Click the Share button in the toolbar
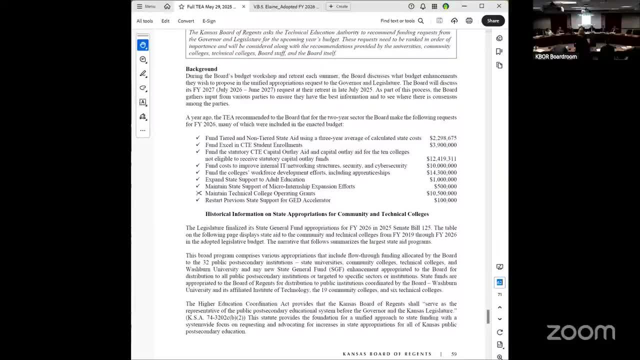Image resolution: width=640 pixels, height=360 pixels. click(x=493, y=20)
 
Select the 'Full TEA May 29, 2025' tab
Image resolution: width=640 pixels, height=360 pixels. click(x=210, y=6)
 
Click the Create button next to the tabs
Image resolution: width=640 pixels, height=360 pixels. click(x=338, y=6)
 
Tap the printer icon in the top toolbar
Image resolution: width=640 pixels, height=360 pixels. click(x=469, y=20)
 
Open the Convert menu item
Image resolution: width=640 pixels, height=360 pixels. click(x=185, y=21)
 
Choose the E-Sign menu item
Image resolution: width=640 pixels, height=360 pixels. click(x=209, y=21)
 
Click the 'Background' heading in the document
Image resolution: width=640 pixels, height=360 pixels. click(x=201, y=69)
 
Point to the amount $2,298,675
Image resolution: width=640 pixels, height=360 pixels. click(x=442, y=138)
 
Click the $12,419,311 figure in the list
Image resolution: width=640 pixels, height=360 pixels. click(x=441, y=158)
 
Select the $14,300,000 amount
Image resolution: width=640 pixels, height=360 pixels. click(x=441, y=172)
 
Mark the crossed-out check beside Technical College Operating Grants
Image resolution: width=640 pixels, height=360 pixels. click(x=198, y=193)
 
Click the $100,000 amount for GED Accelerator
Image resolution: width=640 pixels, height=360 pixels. click(x=445, y=200)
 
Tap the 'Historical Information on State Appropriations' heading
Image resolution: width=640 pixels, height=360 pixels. click(x=317, y=214)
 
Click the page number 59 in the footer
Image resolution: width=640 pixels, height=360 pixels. click(x=454, y=354)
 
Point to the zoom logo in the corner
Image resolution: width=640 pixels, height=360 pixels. click(x=580, y=332)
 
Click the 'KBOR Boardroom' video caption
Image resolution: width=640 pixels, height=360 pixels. click(x=556, y=56)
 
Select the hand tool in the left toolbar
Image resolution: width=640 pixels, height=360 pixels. click(x=143, y=45)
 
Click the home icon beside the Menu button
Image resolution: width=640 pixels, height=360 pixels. click(x=167, y=6)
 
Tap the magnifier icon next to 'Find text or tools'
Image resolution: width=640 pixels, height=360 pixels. click(x=420, y=21)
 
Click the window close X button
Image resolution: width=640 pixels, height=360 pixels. click(x=499, y=6)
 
